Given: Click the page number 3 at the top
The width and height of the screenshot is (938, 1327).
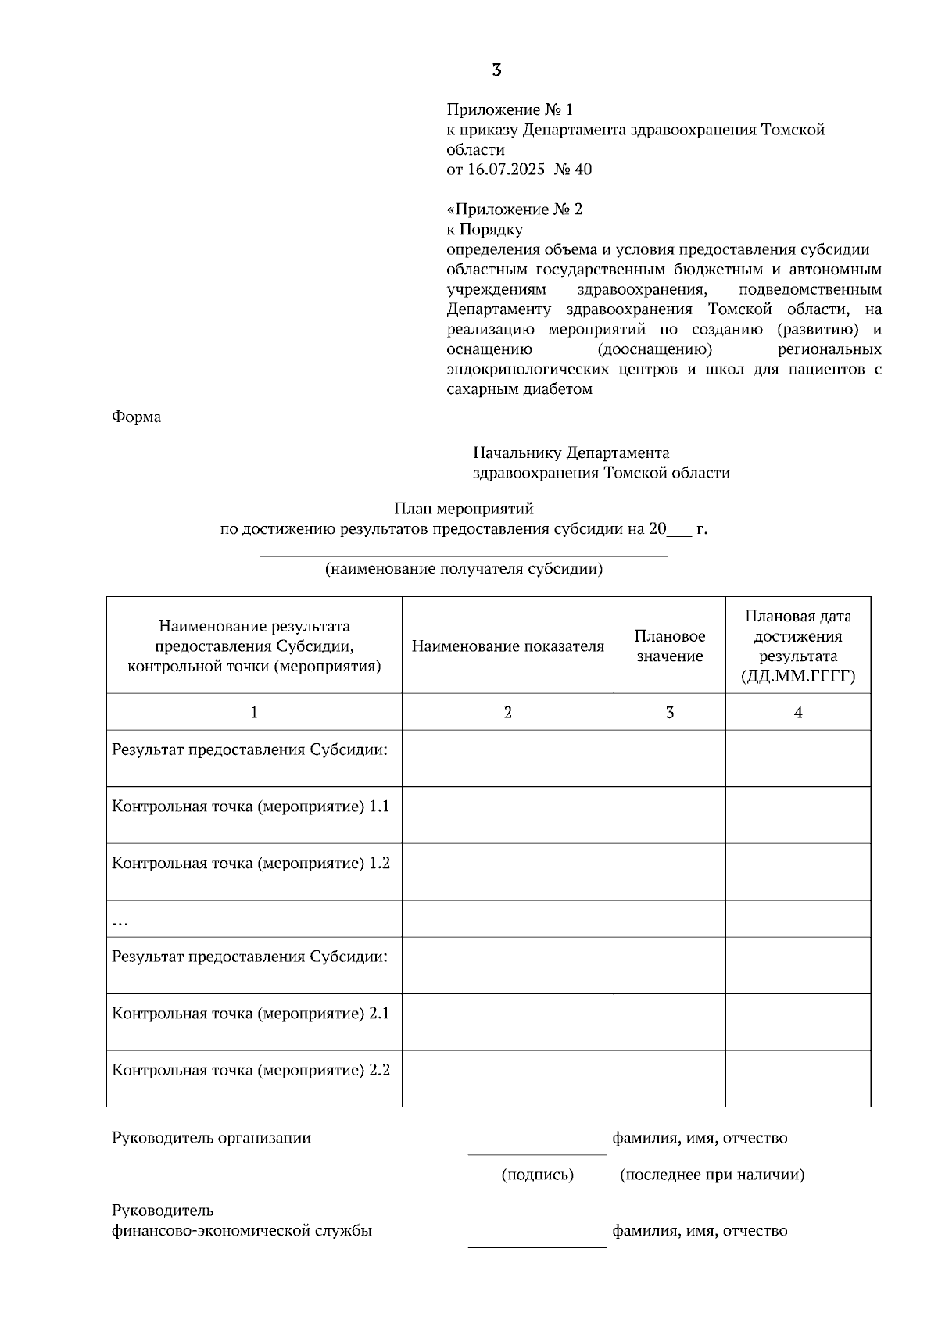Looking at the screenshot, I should (x=496, y=70).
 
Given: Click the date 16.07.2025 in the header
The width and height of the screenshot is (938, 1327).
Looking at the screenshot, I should (x=506, y=170).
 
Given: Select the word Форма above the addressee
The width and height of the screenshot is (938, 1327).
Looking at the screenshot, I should (x=137, y=417).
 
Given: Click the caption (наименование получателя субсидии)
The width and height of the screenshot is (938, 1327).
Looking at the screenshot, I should (x=464, y=569).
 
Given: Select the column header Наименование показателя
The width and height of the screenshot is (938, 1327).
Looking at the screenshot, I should (x=507, y=646).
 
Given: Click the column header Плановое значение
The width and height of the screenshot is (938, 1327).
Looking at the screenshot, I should (x=669, y=646).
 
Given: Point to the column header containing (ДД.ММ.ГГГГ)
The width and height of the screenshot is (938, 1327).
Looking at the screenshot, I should (x=797, y=646).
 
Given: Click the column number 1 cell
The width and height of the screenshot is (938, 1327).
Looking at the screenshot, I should (x=253, y=712).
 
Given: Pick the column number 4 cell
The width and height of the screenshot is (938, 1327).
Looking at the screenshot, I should (x=797, y=712).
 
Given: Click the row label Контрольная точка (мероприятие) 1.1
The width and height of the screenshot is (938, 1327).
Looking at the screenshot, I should (x=251, y=807).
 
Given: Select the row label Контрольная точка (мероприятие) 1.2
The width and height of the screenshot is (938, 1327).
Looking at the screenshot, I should (x=251, y=864).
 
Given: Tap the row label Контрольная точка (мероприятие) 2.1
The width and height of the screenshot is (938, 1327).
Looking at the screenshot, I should (x=251, y=1014).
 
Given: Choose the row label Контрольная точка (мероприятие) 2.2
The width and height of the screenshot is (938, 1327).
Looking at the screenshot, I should (x=251, y=1070).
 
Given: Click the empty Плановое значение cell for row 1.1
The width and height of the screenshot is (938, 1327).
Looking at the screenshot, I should (x=669, y=814).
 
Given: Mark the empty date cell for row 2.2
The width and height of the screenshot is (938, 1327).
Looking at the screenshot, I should (x=797, y=1078).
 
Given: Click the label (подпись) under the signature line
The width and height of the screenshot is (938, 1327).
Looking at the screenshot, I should (x=537, y=1175).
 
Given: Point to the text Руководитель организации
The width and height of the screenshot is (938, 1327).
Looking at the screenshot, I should (x=211, y=1138).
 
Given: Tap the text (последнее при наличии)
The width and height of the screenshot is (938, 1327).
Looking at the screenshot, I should (x=711, y=1175).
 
